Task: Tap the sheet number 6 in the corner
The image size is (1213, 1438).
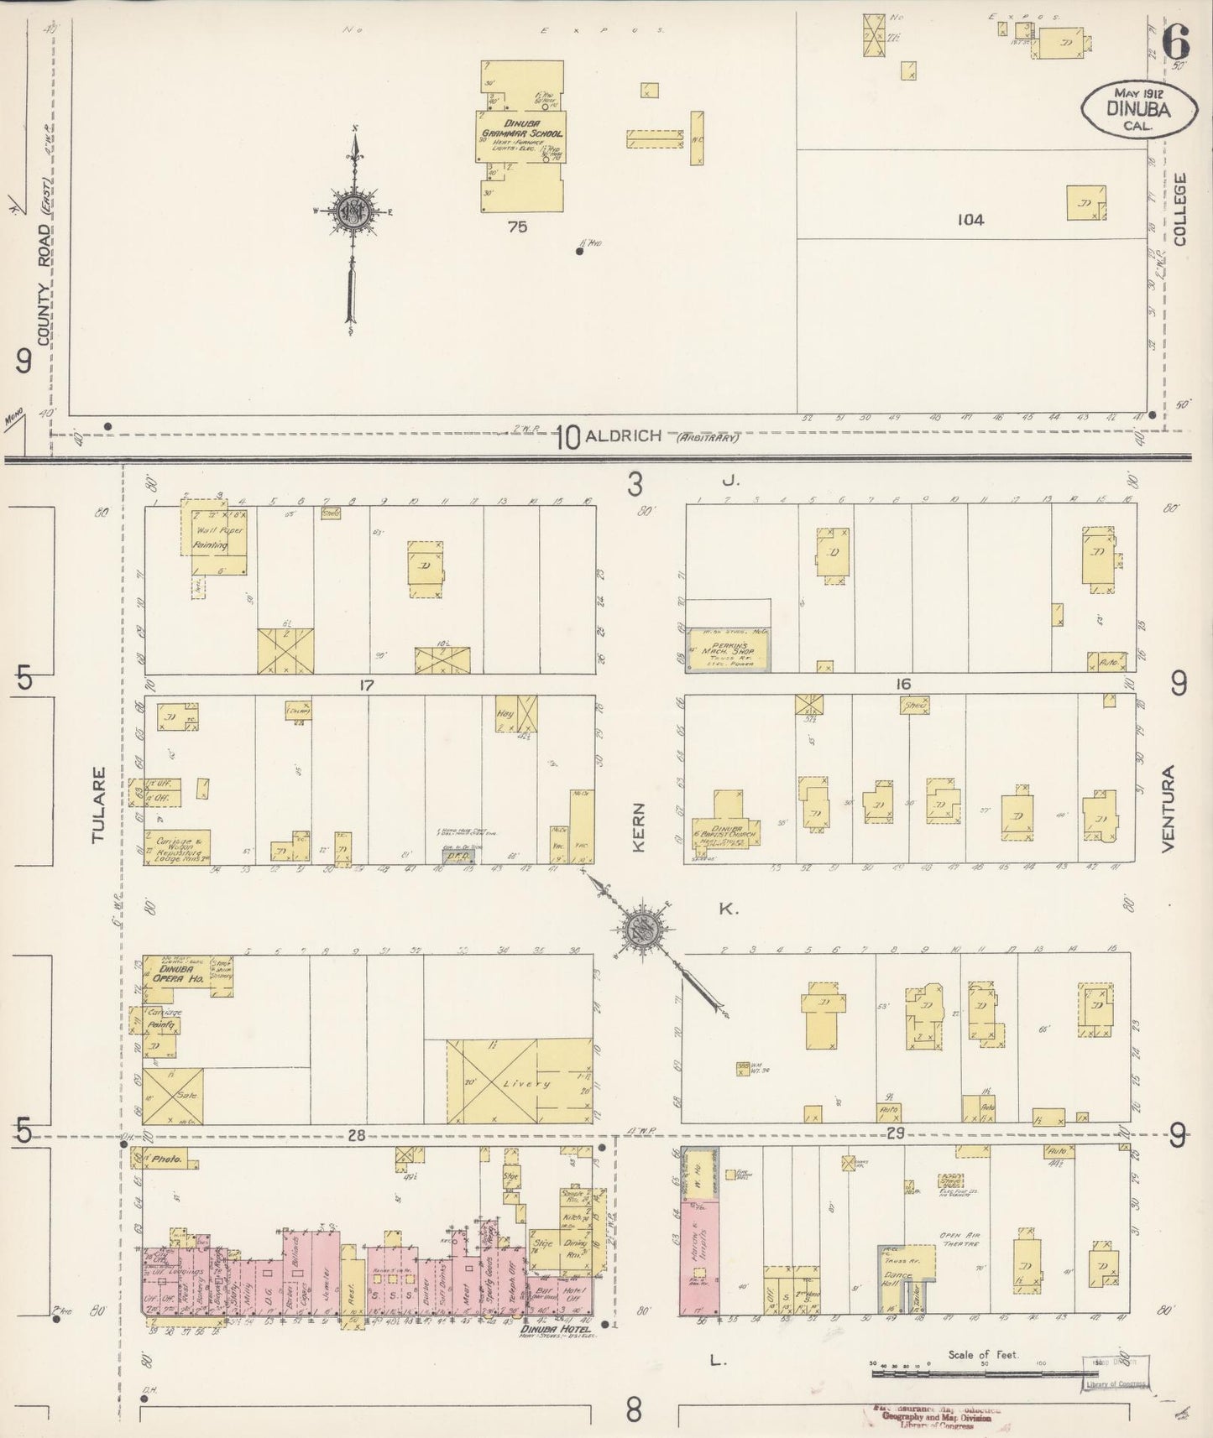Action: tap(1178, 40)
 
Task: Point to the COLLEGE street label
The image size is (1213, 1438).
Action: tap(1181, 210)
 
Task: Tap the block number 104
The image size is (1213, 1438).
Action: tap(970, 221)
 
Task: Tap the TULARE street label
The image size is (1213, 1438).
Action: tap(99, 804)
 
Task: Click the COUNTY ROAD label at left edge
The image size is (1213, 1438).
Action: tap(44, 285)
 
